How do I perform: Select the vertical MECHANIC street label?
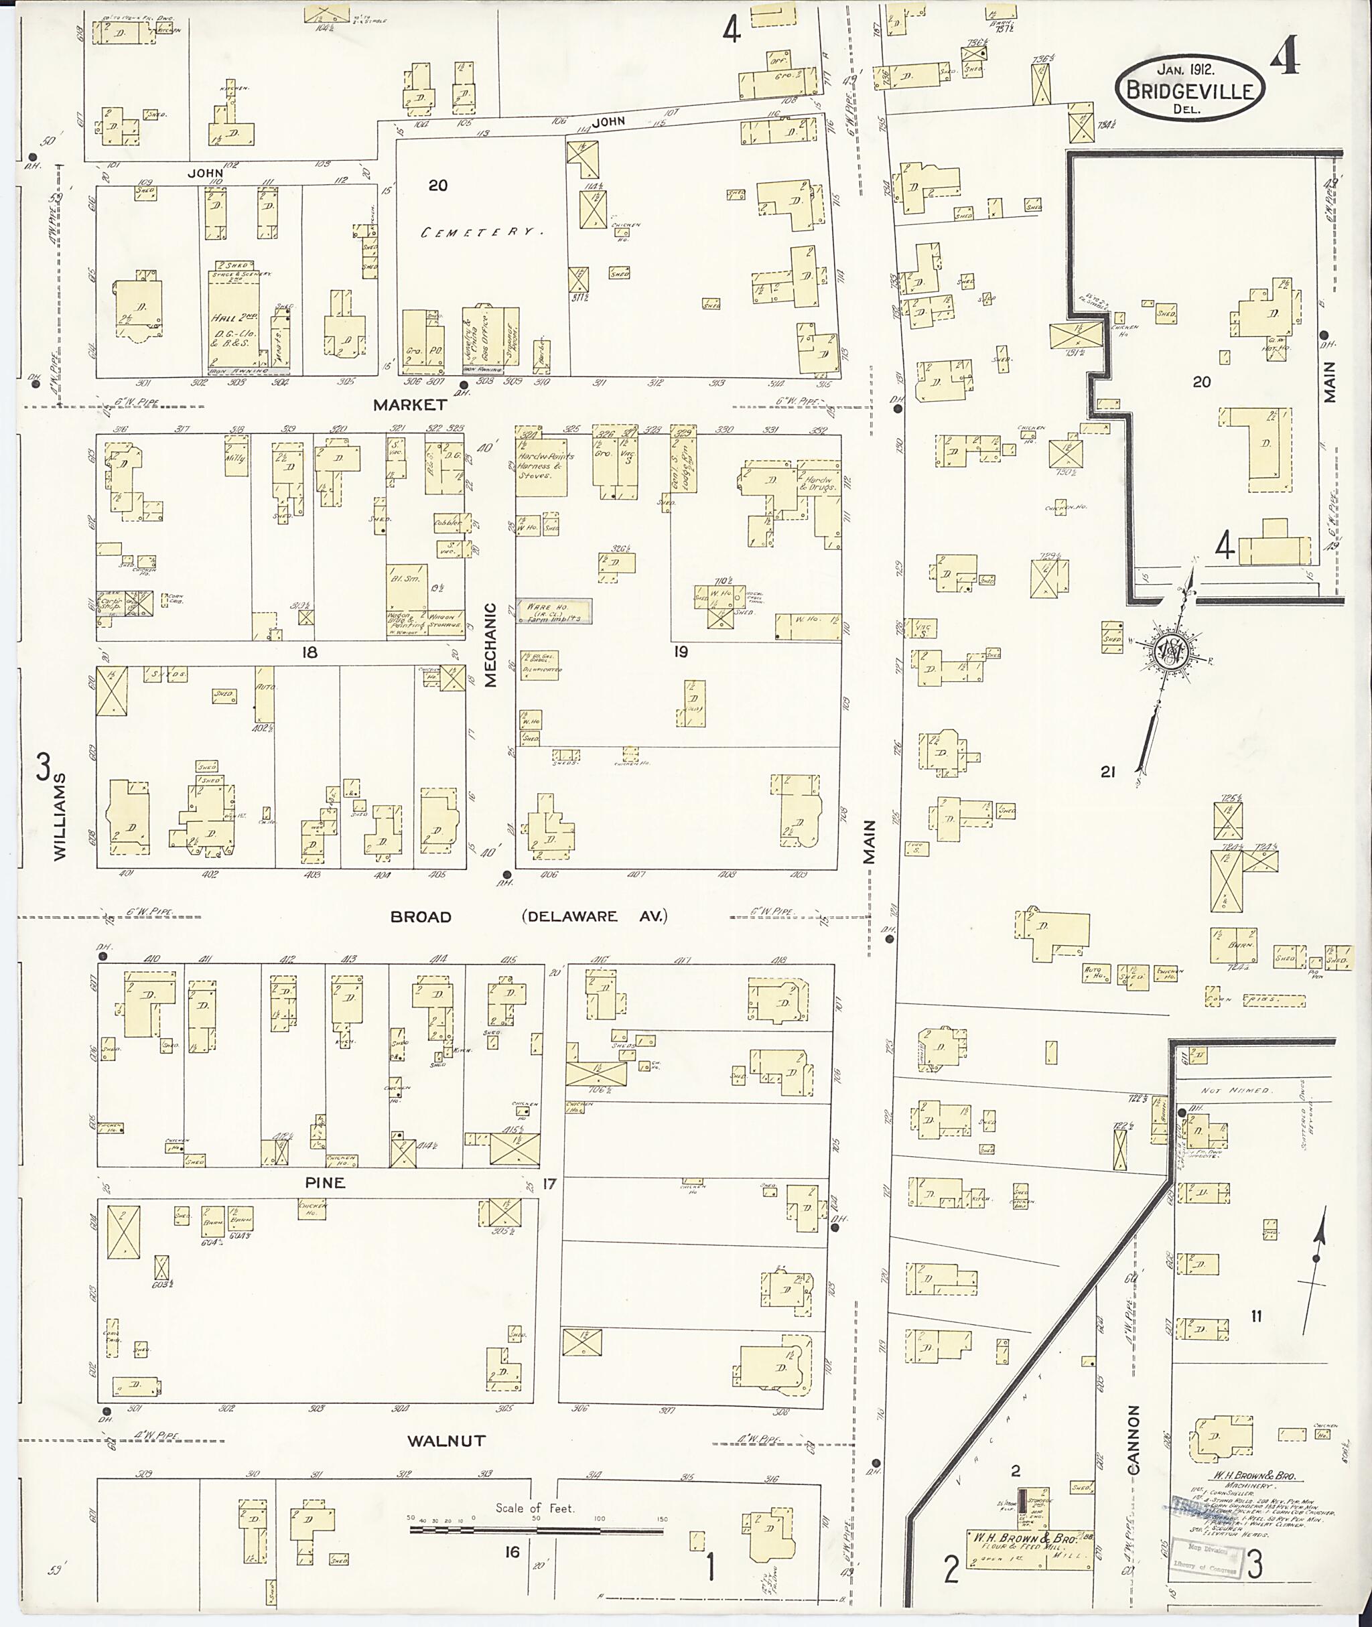pos(491,645)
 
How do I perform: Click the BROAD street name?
pos(421,917)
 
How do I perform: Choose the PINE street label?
pos(325,1183)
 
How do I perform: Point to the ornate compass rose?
pos(1172,650)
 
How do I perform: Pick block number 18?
pos(310,652)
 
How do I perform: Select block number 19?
pos(681,652)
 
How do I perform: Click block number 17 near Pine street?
pos(550,1184)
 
